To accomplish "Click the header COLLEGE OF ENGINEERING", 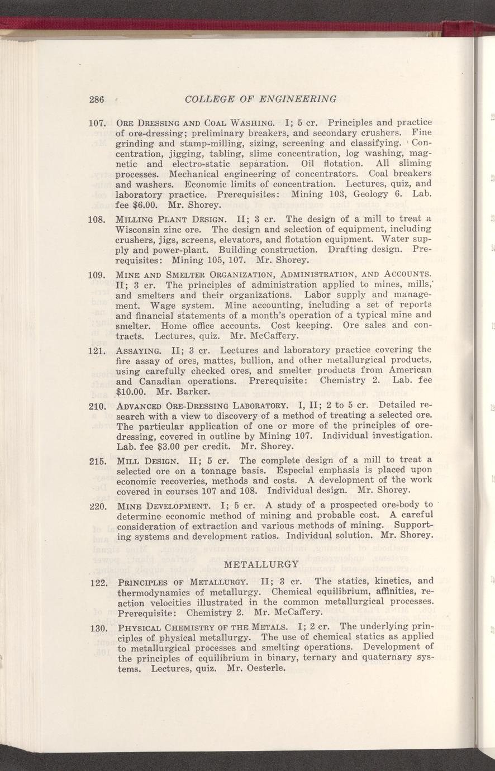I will point(260,99).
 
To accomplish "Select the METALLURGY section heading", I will point(262,564).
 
